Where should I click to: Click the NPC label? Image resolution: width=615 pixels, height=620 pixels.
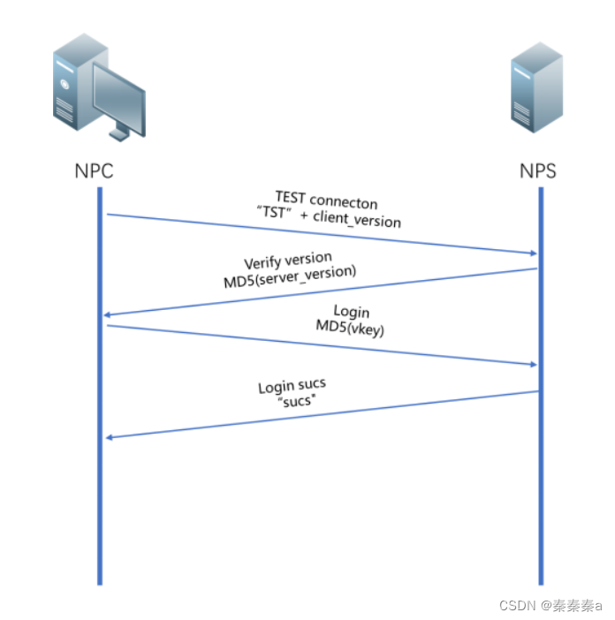95,170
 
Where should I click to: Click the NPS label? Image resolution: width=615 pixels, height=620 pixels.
539,170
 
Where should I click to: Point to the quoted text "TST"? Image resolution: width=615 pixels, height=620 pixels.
274,212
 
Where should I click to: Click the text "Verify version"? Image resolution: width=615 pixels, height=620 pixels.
288,261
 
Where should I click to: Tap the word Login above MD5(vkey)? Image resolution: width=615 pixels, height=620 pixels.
352,312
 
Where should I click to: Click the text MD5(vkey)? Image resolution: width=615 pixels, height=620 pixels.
352,328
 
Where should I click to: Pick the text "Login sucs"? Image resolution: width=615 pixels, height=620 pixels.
292,386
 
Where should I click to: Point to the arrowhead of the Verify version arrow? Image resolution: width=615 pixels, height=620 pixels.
108,315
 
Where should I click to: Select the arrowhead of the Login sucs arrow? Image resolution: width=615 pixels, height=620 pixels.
108,437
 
